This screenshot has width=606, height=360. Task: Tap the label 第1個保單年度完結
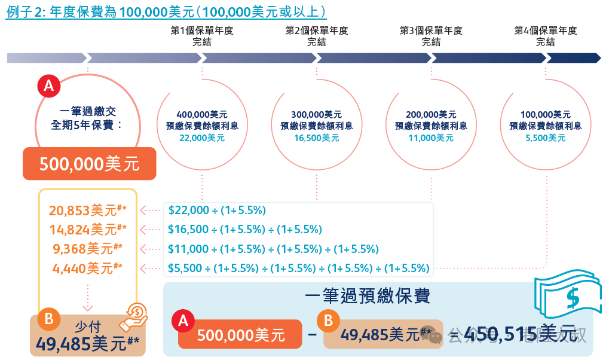pyautogui.click(x=202, y=36)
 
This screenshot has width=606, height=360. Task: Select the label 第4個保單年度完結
pyautogui.click(x=545, y=36)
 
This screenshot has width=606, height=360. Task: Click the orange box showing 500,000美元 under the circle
pyautogui.click(x=89, y=164)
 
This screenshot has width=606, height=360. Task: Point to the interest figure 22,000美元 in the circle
pyautogui.click(x=202, y=138)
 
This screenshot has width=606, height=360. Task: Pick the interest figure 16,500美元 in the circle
pyautogui.click(x=317, y=138)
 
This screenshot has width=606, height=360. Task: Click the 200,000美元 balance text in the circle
pyautogui.click(x=431, y=114)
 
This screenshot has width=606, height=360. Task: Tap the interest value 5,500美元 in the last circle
pyautogui.click(x=545, y=138)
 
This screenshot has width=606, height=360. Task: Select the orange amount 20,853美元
pyautogui.click(x=87, y=210)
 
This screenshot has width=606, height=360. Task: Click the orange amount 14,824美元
pyautogui.click(x=87, y=230)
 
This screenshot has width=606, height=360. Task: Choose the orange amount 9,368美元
pyautogui.click(x=87, y=249)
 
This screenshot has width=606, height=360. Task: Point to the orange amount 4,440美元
pyautogui.click(x=87, y=268)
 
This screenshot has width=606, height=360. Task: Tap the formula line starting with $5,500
pyautogui.click(x=298, y=268)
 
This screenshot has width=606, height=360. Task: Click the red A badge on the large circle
pyautogui.click(x=48, y=86)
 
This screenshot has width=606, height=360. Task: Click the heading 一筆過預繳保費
pyautogui.click(x=367, y=297)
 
